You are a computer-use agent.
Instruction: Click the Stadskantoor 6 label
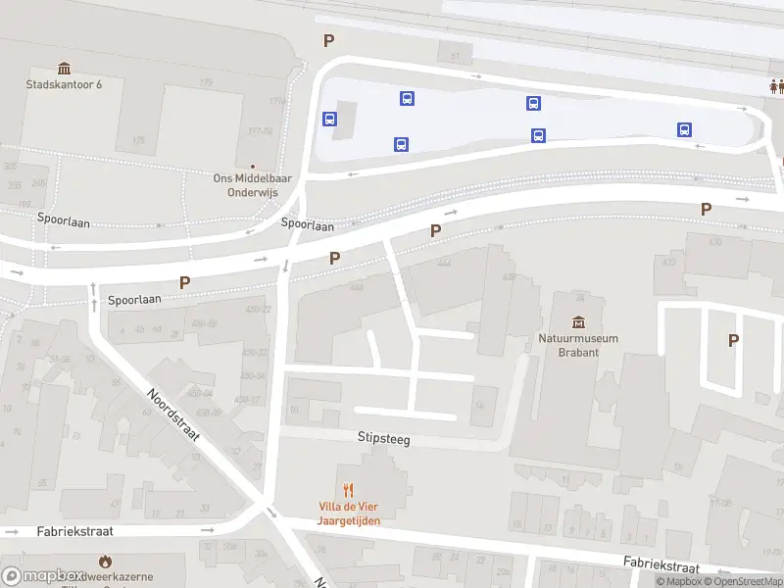[x=64, y=84]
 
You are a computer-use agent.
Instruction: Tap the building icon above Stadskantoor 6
[x=65, y=68]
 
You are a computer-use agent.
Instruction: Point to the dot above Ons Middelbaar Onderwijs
[x=253, y=166]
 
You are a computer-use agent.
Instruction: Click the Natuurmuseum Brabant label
[x=578, y=345]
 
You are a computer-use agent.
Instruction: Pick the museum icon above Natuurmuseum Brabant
[x=578, y=322]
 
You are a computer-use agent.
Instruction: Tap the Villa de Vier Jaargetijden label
[x=348, y=514]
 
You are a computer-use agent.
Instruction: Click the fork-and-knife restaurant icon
[x=348, y=490]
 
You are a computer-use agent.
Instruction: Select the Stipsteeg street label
[x=383, y=440]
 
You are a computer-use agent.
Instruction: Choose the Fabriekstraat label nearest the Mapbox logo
[x=75, y=531]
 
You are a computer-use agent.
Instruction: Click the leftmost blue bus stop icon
[x=330, y=119]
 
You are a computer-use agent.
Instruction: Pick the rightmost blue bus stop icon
[x=684, y=129]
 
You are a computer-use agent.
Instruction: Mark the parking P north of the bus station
[x=329, y=40]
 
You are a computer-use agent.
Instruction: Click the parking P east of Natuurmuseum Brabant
[x=733, y=340]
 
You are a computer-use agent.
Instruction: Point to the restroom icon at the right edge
[x=777, y=86]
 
